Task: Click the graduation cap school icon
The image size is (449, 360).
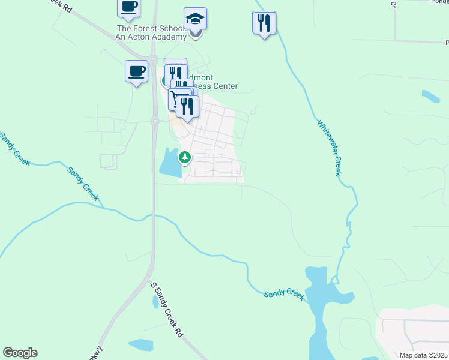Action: coord(195,19)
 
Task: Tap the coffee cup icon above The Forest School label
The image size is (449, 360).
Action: coord(128,7)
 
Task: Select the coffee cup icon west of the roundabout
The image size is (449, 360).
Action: coord(136,71)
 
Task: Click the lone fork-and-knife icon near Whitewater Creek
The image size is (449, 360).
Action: coord(264,23)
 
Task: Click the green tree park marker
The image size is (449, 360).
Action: coord(185,158)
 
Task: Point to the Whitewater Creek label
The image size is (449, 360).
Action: coord(328,148)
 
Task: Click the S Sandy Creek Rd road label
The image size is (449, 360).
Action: coord(166,310)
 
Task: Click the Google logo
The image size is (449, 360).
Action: coord(20,353)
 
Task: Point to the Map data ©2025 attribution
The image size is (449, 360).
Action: coord(423,355)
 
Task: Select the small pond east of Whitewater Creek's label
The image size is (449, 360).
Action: coord(430,95)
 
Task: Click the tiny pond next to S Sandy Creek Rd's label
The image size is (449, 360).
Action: coord(155,302)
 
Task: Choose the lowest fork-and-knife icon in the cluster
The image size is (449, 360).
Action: coord(187,106)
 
